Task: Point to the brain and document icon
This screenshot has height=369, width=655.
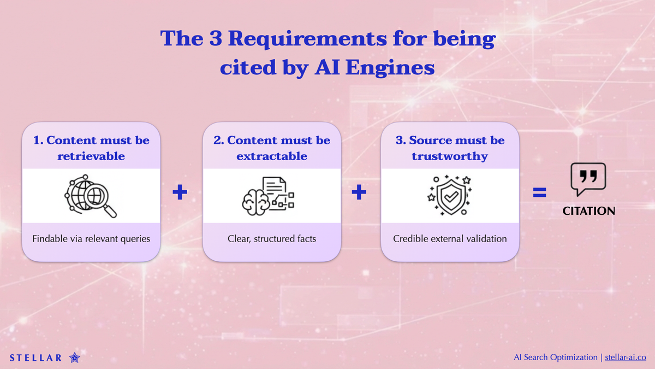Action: pos(269,195)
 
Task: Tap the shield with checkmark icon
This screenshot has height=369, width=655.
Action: pos(449,195)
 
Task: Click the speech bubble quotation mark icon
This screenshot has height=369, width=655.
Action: pos(588,179)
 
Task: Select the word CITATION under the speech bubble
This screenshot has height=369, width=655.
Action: pos(588,211)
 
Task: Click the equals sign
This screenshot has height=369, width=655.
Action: pos(539,192)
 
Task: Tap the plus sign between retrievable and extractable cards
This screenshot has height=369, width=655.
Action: pos(180,192)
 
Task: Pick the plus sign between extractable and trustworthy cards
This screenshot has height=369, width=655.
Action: pos(359,192)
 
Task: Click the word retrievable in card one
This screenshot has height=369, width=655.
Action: pos(91,156)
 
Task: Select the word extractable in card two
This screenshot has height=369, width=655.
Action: pos(272,156)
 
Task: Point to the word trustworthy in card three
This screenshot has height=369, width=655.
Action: pos(449,156)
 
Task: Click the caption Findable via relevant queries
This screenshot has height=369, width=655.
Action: pos(91,239)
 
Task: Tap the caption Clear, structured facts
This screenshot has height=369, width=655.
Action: pos(272,239)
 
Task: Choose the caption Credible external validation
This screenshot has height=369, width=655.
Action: pos(450,239)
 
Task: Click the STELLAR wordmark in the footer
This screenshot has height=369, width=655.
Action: pos(36,358)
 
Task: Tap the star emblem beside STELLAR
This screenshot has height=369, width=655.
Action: pos(75,358)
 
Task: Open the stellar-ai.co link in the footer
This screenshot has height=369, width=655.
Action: pos(626,358)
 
